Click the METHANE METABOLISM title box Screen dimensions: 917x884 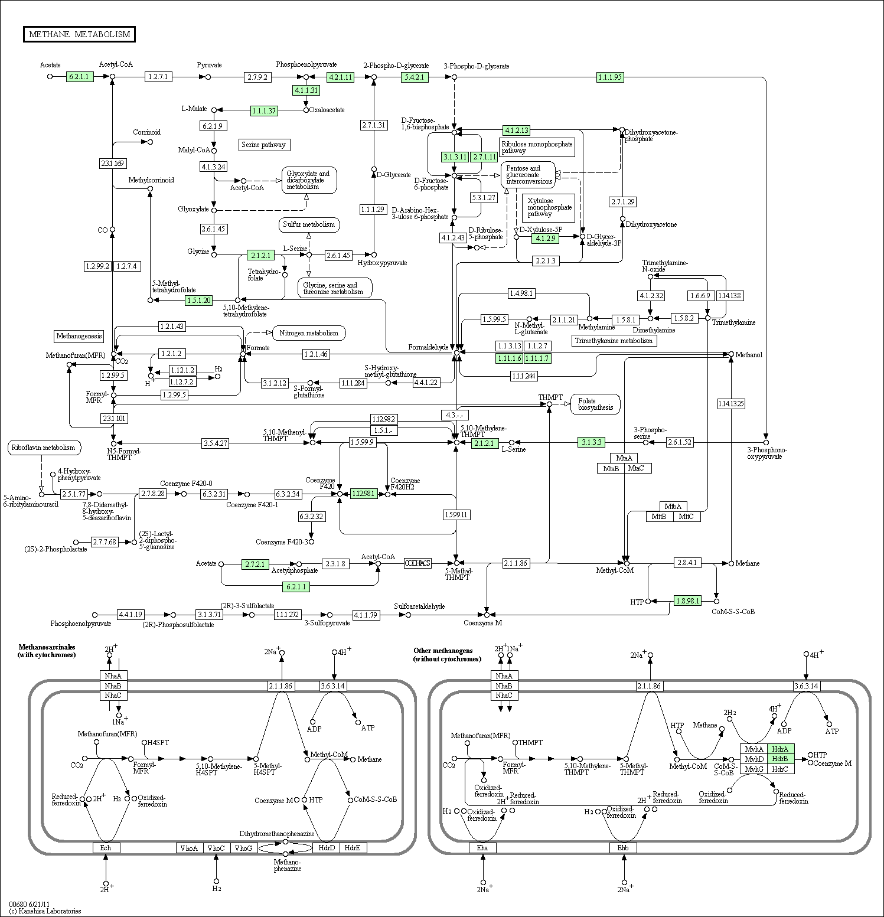click(79, 34)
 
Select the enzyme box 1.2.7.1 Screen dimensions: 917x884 click(158, 77)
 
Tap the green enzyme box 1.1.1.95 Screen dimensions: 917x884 click(610, 77)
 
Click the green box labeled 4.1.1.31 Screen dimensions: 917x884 click(306, 90)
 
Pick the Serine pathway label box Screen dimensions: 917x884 click(264, 145)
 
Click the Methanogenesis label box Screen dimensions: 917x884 click(79, 336)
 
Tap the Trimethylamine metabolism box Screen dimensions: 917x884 click(614, 341)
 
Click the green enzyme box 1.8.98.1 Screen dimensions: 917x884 click(687, 601)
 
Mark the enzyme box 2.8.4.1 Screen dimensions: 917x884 click(687, 563)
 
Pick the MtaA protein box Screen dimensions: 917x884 click(624, 458)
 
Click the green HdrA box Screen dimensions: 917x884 click(780, 749)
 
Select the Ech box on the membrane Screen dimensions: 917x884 click(106, 848)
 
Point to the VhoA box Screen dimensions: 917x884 click(189, 848)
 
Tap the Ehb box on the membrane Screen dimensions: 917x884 click(623, 848)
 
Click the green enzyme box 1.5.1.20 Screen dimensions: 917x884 click(198, 301)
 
